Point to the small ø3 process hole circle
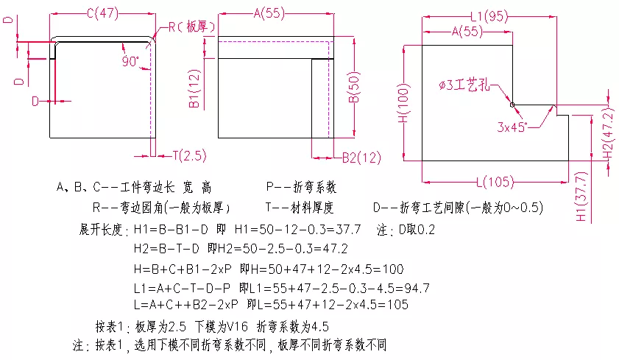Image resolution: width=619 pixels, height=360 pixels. click(513, 104)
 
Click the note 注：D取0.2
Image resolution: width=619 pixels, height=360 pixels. click(406, 230)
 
